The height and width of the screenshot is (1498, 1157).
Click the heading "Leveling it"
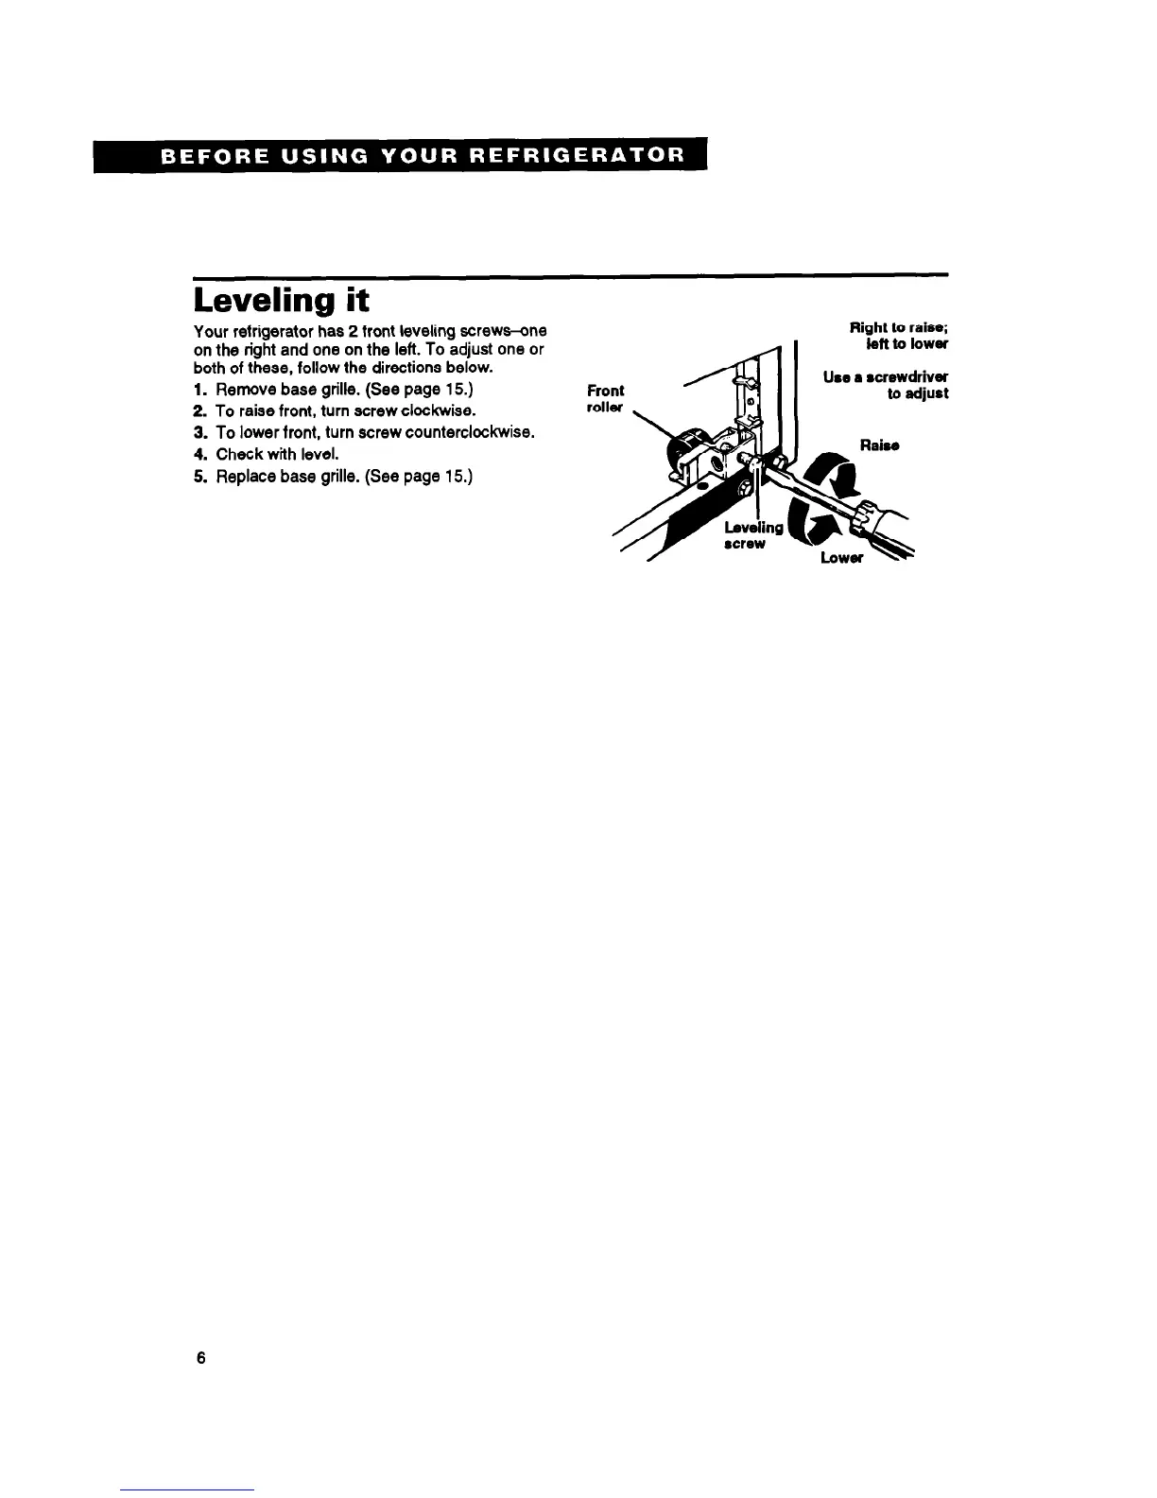point(281,300)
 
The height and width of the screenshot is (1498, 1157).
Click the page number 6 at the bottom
point(200,1358)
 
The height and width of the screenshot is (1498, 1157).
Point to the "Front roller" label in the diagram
point(605,398)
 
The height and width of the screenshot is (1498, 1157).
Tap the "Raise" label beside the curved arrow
point(879,444)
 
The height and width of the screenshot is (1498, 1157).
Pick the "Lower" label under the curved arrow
point(842,558)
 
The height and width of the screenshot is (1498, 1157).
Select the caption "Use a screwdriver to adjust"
point(887,385)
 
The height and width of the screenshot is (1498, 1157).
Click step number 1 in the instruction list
point(199,391)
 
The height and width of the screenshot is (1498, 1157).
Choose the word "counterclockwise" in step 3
point(468,433)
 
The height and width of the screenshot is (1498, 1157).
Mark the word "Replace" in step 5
point(243,476)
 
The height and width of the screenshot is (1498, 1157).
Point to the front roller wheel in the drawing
point(688,452)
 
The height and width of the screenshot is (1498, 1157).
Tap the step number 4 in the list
point(199,454)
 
